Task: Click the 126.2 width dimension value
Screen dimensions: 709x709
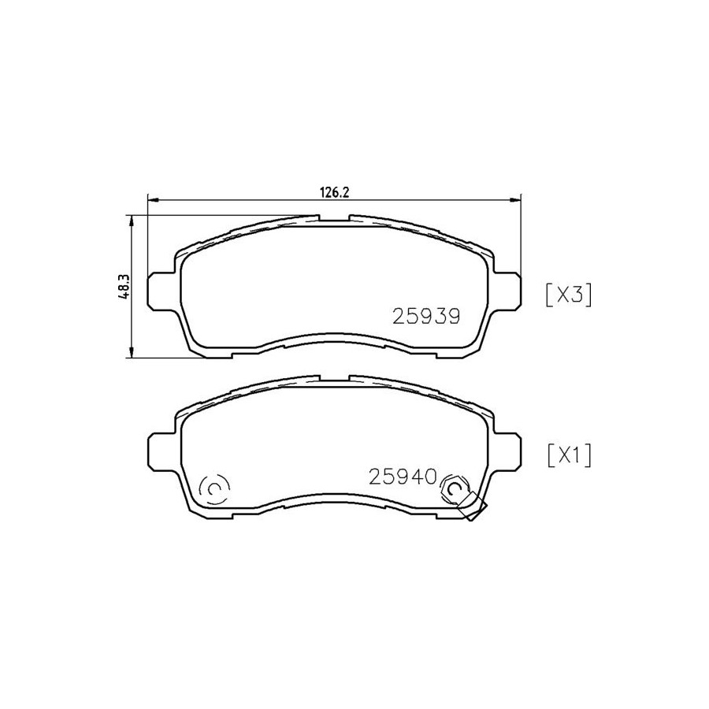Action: (x=335, y=192)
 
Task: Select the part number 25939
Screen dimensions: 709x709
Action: (x=426, y=317)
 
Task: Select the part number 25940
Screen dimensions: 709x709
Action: (x=403, y=477)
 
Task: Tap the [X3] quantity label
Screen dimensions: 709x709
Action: (x=569, y=295)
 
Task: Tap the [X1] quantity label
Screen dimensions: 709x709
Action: (x=569, y=455)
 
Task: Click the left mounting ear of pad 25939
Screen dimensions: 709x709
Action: (x=161, y=291)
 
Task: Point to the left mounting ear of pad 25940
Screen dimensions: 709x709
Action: (x=161, y=451)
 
